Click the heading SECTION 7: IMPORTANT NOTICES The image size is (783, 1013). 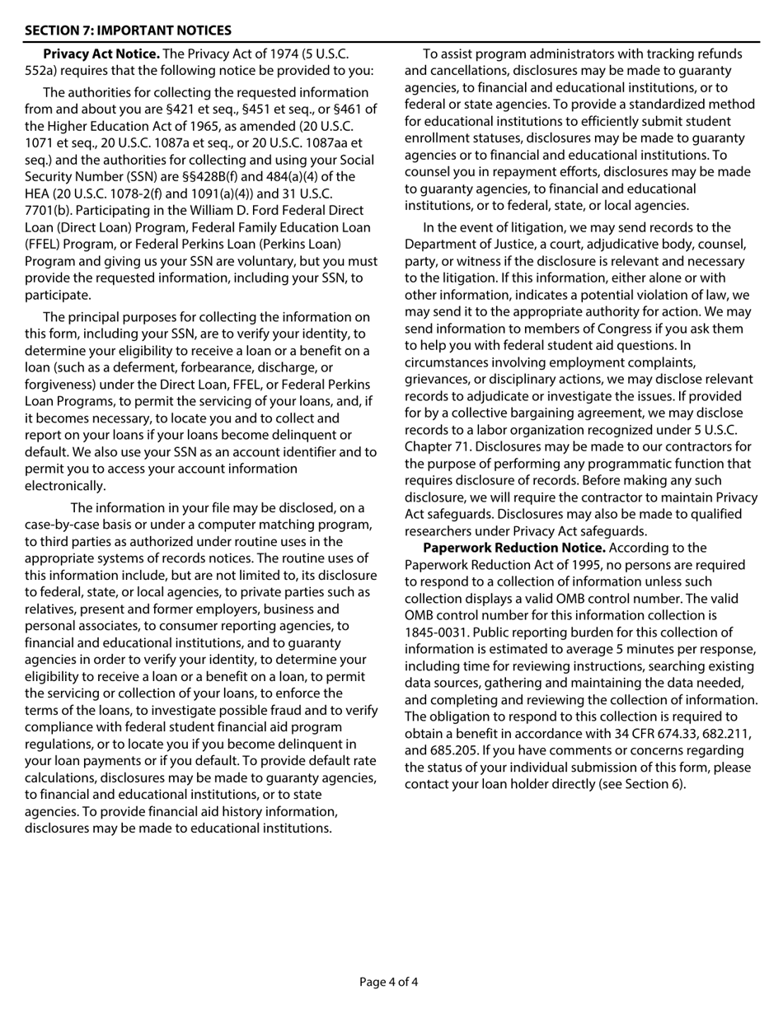[x=128, y=30]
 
